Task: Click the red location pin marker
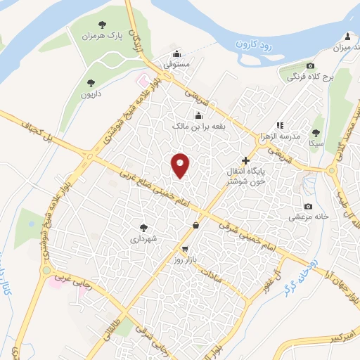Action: [181, 165]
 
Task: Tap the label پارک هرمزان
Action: [98, 35]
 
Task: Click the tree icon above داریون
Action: [90, 83]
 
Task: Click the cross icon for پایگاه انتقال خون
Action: [245, 161]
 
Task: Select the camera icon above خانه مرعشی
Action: [308, 206]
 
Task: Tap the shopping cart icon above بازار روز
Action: [185, 249]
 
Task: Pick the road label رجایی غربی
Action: [74, 266]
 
